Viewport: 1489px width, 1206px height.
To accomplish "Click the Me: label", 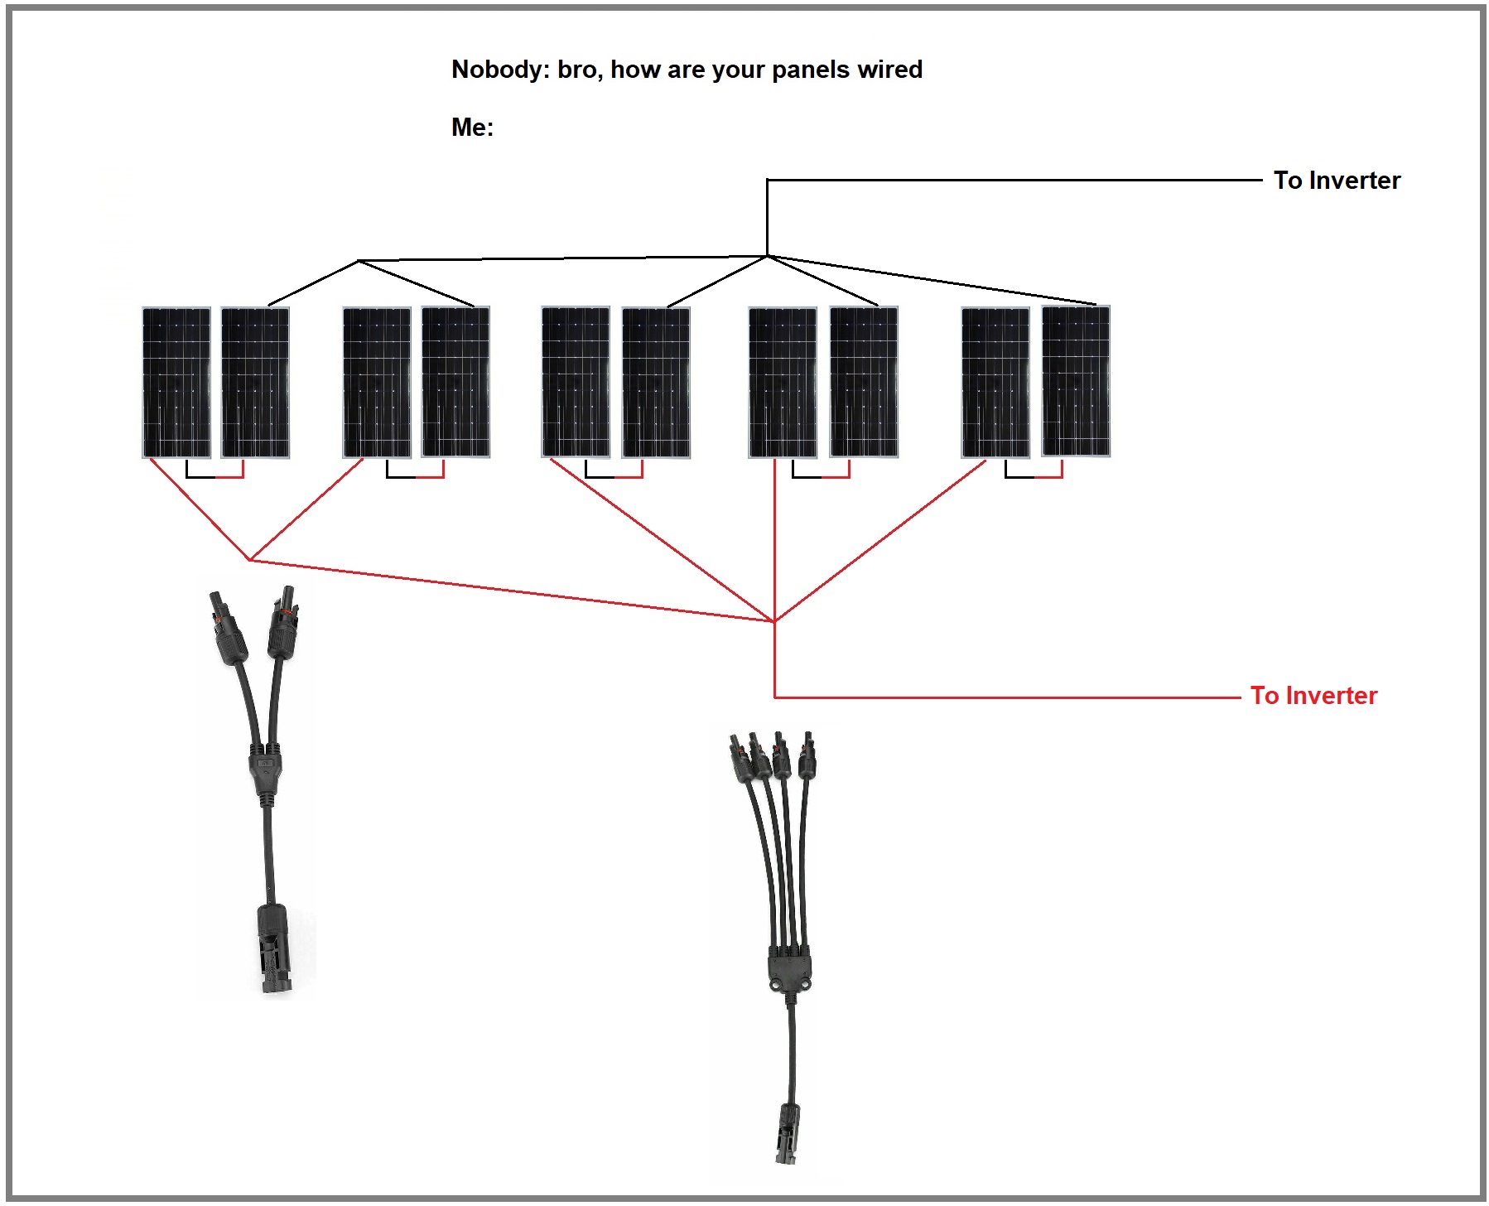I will pyautogui.click(x=472, y=127).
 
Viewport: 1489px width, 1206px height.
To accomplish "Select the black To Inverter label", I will pyautogui.click(x=1336, y=181).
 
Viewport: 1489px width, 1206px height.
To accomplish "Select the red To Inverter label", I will pyautogui.click(x=1313, y=696).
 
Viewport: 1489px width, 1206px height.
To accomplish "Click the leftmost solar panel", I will pyautogui.click(x=176, y=382).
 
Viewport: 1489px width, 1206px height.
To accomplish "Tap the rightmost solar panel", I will pyautogui.click(x=1075, y=381).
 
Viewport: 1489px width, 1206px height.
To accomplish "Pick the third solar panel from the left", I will pyautogui.click(x=377, y=382).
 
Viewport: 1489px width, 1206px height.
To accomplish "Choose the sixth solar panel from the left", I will pyautogui.click(x=656, y=382).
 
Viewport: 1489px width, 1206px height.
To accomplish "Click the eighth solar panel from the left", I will pyautogui.click(x=864, y=381).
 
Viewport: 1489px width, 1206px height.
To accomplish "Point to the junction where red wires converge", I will pyautogui.click(x=774, y=620).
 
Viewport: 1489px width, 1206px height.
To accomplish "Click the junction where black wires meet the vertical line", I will pyautogui.click(x=768, y=256).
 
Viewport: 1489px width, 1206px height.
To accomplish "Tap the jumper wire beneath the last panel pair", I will pyautogui.click(x=1034, y=476).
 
